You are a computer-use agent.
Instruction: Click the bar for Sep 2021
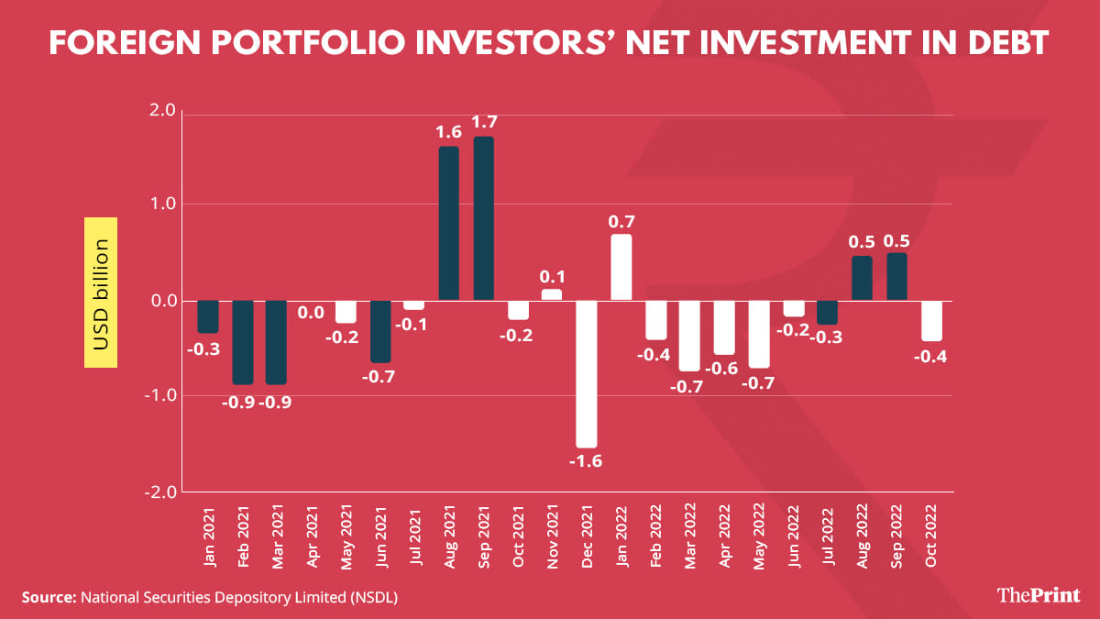483,218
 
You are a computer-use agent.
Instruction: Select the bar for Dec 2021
586,373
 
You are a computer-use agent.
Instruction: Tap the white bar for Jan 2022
621,267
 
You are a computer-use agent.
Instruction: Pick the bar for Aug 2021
449,223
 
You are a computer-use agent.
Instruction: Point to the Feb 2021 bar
243,342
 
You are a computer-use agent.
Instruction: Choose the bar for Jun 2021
380,331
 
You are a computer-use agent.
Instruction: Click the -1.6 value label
586,461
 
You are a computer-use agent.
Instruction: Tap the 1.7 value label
483,122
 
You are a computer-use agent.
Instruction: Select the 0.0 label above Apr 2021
312,313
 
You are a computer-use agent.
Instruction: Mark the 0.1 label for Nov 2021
552,275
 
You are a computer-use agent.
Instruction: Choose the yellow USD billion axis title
101,293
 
